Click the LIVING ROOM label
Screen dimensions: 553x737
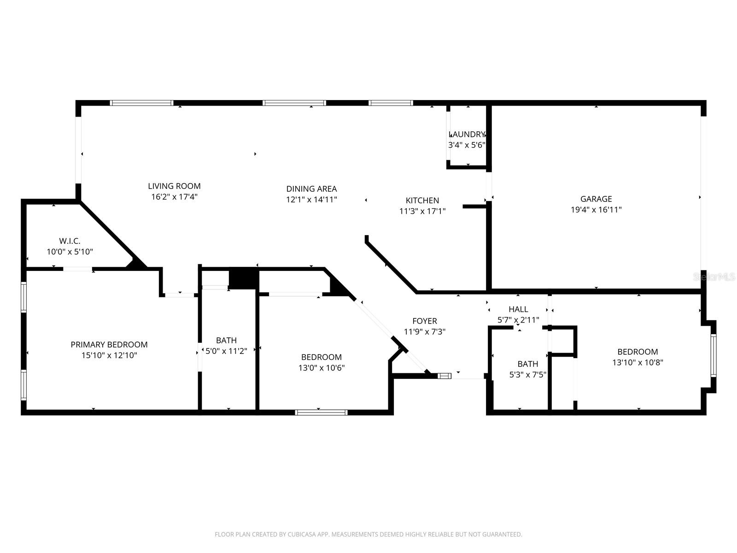click(x=174, y=186)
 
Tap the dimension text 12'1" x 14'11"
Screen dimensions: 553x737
click(x=311, y=200)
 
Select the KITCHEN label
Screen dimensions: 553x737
click(x=422, y=200)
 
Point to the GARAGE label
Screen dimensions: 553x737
click(x=596, y=199)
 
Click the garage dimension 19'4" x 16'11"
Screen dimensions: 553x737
click(x=596, y=210)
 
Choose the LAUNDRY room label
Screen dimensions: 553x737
click(x=467, y=135)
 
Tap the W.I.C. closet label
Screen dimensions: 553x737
click(x=70, y=241)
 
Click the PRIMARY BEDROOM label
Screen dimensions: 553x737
click(x=109, y=345)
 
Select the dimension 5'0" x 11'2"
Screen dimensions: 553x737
click(x=226, y=351)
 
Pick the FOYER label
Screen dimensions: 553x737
click(x=424, y=321)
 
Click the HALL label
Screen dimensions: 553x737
click(x=518, y=309)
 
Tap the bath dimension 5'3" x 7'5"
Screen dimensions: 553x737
click(x=527, y=375)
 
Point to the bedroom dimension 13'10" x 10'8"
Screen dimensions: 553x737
click(x=638, y=362)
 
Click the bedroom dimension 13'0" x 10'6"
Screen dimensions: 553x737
click(x=322, y=368)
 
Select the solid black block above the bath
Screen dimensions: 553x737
click(x=244, y=278)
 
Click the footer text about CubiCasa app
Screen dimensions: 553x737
click(x=368, y=535)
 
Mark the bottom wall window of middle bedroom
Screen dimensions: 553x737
click(x=321, y=412)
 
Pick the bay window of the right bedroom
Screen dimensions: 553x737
click(x=713, y=355)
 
